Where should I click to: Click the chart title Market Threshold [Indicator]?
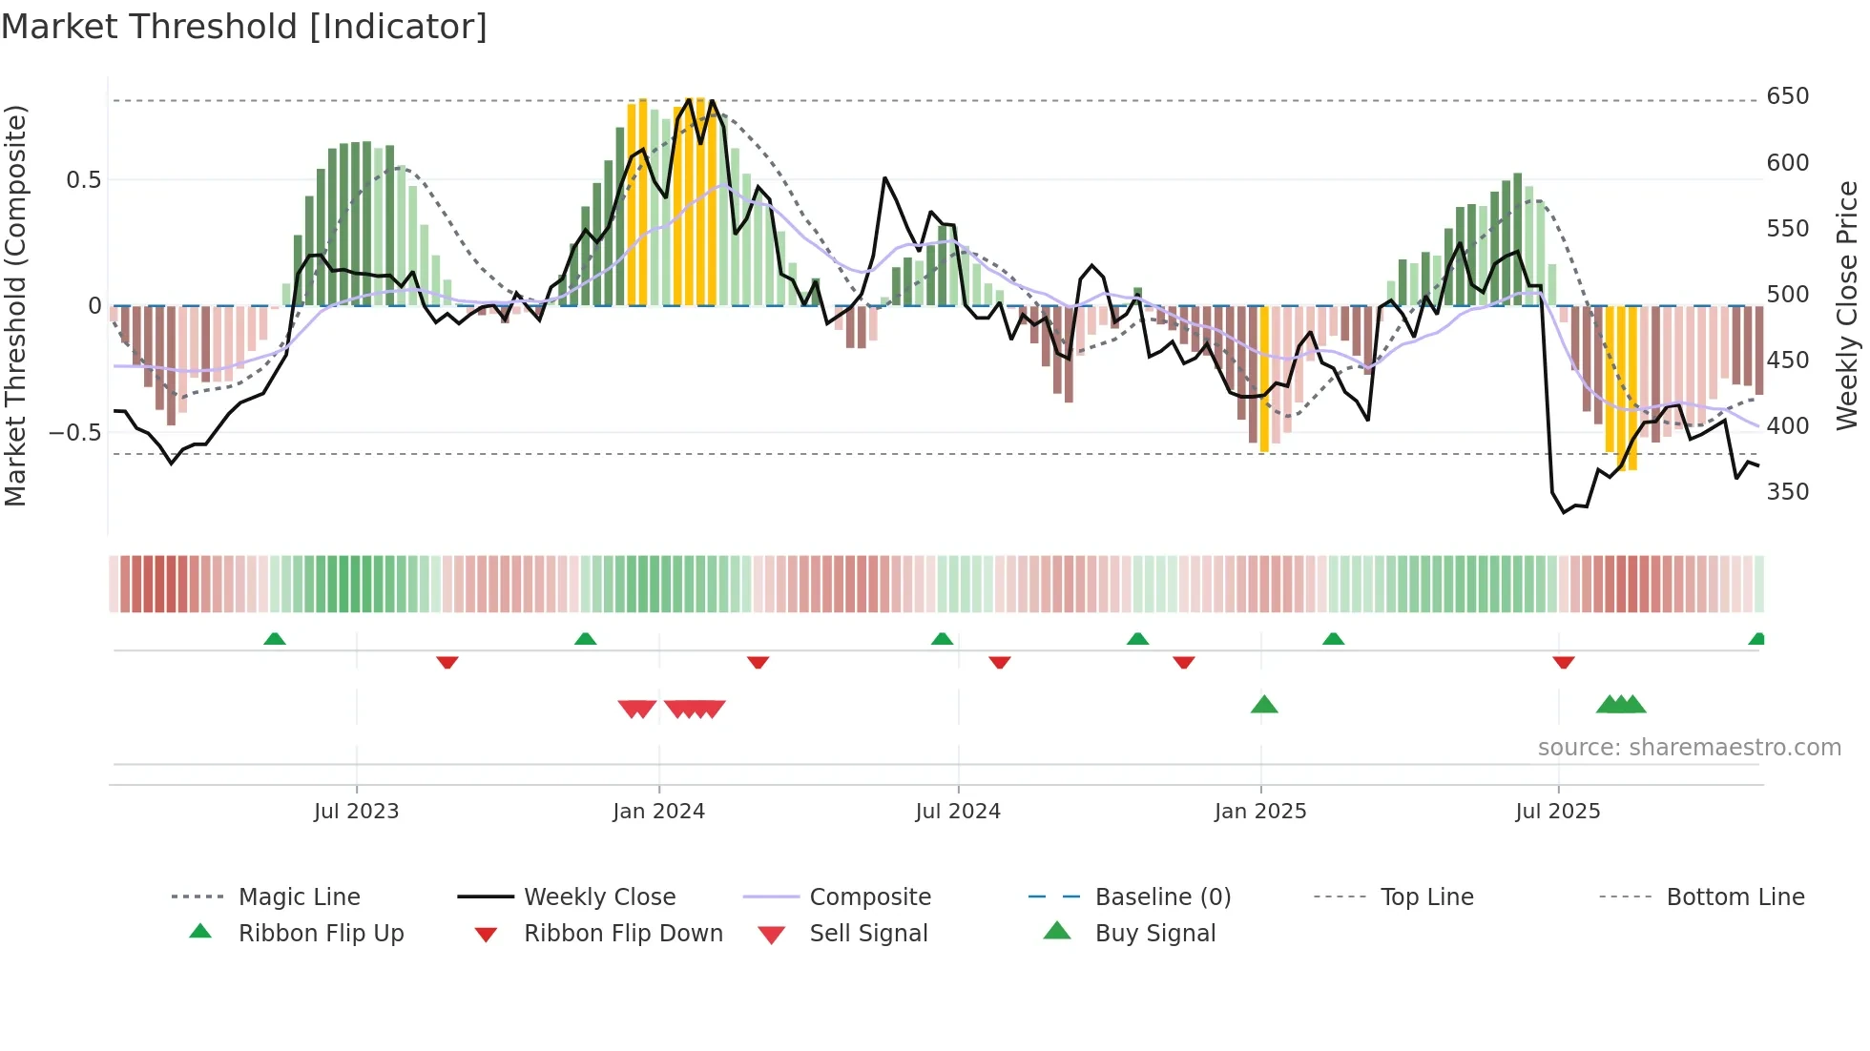point(244,27)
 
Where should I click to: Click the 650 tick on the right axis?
point(1787,96)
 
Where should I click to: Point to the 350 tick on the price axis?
point(1787,492)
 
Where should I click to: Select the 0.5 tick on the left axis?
point(83,180)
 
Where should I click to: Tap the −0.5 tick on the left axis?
point(75,433)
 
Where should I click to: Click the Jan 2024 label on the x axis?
point(658,812)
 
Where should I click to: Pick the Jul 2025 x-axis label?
point(1557,812)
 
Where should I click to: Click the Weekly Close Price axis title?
point(1847,305)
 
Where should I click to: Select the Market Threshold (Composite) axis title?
point(16,305)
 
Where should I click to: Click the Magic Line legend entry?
point(299,897)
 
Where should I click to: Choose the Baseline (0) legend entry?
point(1162,897)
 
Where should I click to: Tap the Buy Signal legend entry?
point(1154,934)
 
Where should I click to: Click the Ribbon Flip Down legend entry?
point(622,934)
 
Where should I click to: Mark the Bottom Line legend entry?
point(1735,897)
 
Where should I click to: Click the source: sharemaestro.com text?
point(1689,748)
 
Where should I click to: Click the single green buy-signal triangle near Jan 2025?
point(1264,705)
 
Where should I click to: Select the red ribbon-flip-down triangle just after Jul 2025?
point(1563,662)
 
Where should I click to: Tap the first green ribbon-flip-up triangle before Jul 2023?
point(275,638)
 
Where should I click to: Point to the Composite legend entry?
point(869,897)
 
